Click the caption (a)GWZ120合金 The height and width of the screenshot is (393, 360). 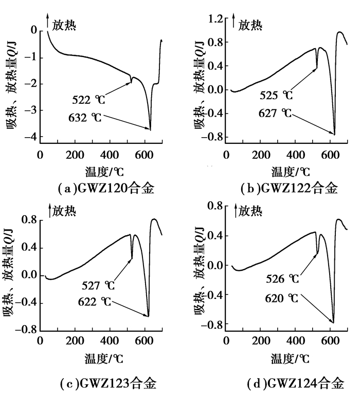pos(106,189)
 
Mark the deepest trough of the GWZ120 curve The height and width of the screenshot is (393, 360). pos(150,129)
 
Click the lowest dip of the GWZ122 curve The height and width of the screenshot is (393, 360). pos(334,135)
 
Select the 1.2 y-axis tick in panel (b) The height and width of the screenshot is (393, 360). pos(217,20)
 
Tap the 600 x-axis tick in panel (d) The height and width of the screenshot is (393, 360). pos(331,341)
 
